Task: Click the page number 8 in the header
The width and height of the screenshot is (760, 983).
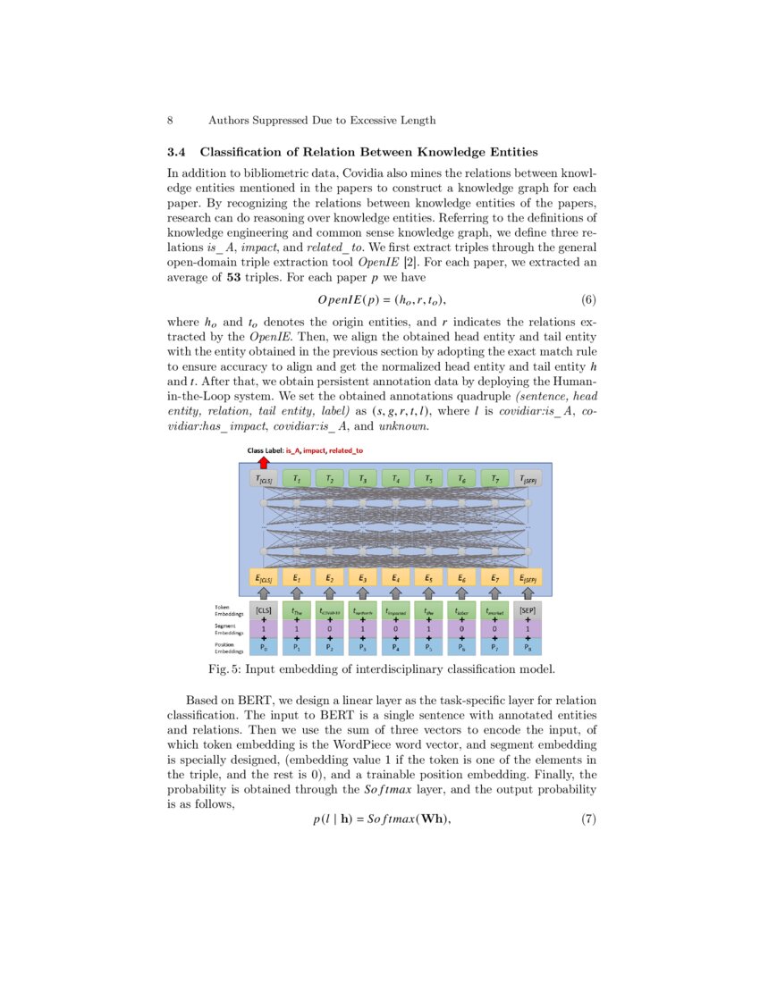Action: (x=170, y=120)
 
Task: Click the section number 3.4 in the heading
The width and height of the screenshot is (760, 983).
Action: (x=179, y=152)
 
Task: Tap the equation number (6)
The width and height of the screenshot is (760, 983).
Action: (x=583, y=298)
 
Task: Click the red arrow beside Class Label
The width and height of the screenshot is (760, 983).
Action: (x=263, y=462)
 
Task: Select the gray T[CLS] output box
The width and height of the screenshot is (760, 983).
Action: (x=264, y=480)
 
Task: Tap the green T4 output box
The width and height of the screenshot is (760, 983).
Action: (x=395, y=480)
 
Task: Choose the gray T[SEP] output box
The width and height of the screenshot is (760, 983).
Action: (x=528, y=480)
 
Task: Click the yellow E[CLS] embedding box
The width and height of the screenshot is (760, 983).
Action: (x=264, y=578)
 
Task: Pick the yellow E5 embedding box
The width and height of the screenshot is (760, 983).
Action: (x=428, y=578)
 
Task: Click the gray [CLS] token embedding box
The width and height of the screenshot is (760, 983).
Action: (x=264, y=611)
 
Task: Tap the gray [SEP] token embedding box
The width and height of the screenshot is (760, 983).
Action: (x=528, y=611)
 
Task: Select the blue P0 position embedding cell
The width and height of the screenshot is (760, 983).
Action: (x=264, y=647)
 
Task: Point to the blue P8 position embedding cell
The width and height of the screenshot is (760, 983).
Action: (x=528, y=647)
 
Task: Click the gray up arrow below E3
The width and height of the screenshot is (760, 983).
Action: (x=362, y=592)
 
